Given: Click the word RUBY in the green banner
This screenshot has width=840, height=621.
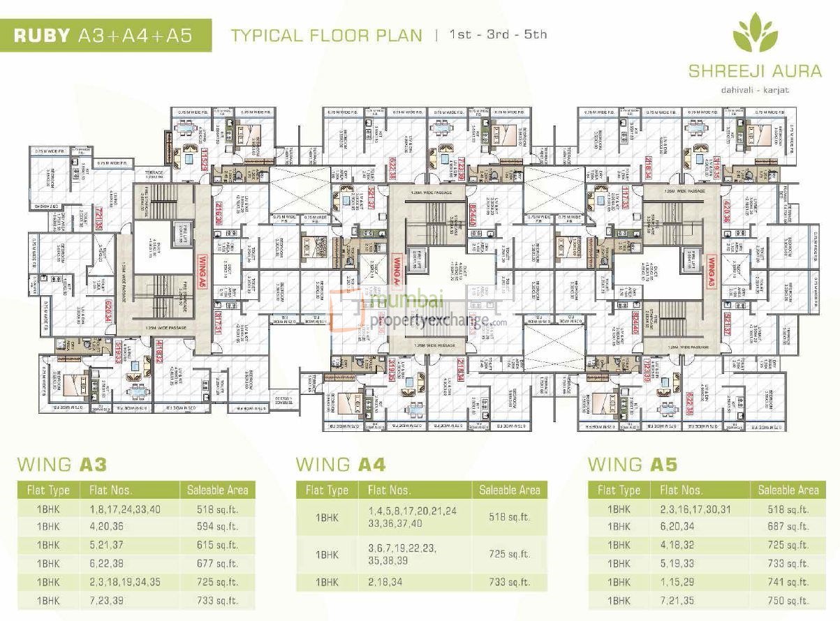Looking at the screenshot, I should coord(42,36).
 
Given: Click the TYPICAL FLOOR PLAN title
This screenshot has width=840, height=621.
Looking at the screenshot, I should coord(327,35).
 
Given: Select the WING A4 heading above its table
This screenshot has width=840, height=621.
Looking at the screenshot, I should coord(341,464).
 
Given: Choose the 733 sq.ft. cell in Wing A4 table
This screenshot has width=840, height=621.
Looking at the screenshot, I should coord(510,581).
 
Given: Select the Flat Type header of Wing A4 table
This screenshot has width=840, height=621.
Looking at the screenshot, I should coord(327,491).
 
